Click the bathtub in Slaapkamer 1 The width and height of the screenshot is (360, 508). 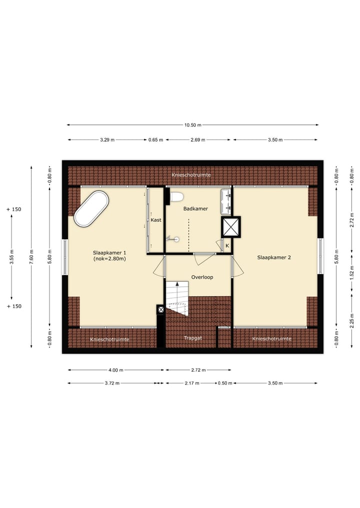[x=91, y=209]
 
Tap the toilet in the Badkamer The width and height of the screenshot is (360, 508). [x=175, y=196]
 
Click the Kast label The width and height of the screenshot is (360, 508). [x=156, y=220]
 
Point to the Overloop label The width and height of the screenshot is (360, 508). [x=202, y=277]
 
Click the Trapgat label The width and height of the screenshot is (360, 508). [x=192, y=338]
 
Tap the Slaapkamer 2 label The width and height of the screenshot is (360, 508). [x=274, y=258]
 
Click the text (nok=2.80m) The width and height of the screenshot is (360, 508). [x=109, y=259]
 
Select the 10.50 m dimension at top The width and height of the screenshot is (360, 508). [x=192, y=125]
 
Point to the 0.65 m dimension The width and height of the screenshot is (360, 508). [x=155, y=140]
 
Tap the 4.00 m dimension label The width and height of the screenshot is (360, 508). [x=115, y=370]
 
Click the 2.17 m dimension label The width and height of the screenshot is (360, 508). [x=191, y=383]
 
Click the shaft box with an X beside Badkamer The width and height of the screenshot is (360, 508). [x=230, y=227]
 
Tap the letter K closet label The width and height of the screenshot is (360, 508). [x=227, y=246]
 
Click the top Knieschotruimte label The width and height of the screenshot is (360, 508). [x=190, y=175]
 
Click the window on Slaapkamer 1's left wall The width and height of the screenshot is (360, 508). [x=64, y=257]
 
